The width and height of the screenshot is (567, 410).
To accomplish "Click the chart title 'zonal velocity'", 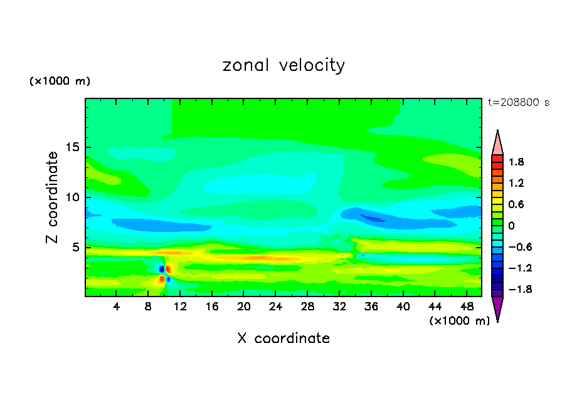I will coord(283,65).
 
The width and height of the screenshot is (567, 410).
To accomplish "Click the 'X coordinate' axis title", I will coord(283,339).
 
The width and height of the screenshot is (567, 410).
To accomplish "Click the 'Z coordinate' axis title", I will coord(53,197).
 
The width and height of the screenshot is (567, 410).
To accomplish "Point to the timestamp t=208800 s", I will coord(518,102).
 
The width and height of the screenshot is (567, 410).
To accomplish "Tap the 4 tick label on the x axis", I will coord(117,306).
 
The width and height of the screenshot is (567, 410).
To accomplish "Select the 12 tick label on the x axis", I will coord(181,306).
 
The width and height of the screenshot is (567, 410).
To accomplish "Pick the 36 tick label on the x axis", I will coord(371,306).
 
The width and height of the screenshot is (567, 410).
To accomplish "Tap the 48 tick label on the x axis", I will coord(466,306).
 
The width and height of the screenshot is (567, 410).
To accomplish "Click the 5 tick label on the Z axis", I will coord(74,248).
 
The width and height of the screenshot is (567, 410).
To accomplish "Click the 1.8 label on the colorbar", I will coord(516,162).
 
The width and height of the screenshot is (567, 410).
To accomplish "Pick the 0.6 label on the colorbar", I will coord(516,204).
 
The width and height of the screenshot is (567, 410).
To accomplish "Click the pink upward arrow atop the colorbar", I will coord(497,142).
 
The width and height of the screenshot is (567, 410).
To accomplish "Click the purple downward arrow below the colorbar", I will coord(497,308).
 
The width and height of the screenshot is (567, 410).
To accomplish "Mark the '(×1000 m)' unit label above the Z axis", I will coord(60,81).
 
